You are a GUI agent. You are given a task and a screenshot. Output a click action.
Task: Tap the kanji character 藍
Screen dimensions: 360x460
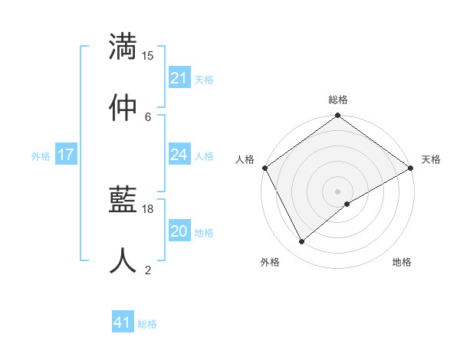pyautogui.click(x=123, y=199)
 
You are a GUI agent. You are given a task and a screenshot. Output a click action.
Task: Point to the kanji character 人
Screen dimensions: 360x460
pyautogui.click(x=123, y=260)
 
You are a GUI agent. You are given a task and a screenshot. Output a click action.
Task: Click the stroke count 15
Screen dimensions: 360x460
pyautogui.click(x=148, y=56)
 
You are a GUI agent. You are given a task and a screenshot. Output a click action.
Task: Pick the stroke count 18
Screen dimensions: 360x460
pyautogui.click(x=148, y=208)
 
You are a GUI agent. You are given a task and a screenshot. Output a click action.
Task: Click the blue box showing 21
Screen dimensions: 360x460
pyautogui.click(x=179, y=78)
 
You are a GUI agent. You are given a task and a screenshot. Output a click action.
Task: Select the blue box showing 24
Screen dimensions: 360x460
pyautogui.click(x=179, y=155)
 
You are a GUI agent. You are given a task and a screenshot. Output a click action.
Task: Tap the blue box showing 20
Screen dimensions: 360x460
pyautogui.click(x=179, y=231)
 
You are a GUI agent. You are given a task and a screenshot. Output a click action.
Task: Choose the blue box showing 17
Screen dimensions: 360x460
pyautogui.click(x=66, y=155)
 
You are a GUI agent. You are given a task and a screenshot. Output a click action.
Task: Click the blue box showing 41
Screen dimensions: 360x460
pyautogui.click(x=123, y=322)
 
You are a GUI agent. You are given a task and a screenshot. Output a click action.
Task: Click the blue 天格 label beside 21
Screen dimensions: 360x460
pyautogui.click(x=204, y=79)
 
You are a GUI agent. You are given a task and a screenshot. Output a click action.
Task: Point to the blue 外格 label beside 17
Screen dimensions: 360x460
pyautogui.click(x=41, y=155)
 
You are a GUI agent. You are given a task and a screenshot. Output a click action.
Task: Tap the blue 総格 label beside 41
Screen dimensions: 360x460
pyautogui.click(x=147, y=324)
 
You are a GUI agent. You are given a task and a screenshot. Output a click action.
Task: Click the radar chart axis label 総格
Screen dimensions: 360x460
pyautogui.click(x=338, y=100)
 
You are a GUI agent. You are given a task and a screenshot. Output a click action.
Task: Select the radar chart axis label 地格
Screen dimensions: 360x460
pyautogui.click(x=402, y=263)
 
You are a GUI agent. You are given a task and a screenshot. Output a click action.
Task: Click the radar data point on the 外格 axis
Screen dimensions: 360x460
pyautogui.click(x=302, y=242)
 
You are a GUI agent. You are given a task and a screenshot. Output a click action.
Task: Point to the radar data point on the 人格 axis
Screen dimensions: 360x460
pyautogui.click(x=264, y=168)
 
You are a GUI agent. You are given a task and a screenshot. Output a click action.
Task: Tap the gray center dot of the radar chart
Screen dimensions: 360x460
pyautogui.click(x=337, y=191)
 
